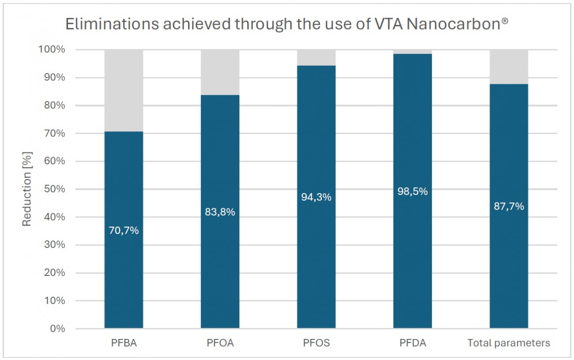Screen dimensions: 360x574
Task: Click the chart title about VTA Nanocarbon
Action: (287, 25)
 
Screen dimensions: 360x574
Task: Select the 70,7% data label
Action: (124, 230)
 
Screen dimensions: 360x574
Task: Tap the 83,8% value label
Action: (220, 212)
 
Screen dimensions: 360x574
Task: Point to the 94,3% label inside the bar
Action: (316, 197)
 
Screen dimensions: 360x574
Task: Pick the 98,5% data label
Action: (412, 191)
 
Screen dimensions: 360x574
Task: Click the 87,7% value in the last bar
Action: (509, 206)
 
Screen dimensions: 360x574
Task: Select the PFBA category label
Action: (124, 343)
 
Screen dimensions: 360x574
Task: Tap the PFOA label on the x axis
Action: (220, 343)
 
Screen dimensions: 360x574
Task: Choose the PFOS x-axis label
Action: (316, 343)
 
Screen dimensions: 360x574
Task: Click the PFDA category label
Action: (412, 343)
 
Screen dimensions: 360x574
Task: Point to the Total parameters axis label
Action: (509, 343)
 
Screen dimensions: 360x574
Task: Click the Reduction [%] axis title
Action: (27, 189)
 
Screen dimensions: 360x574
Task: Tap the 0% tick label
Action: (58, 329)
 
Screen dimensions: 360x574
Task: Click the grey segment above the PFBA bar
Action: (124, 90)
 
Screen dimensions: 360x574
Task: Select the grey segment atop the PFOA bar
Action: (220, 72)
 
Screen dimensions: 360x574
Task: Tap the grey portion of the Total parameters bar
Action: (509, 67)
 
